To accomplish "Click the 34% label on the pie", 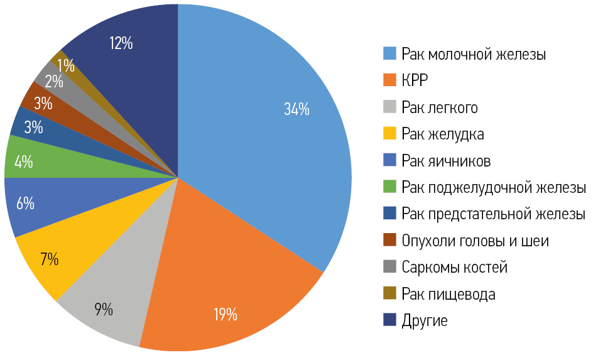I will click(x=296, y=109).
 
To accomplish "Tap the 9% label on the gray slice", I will click(x=104, y=308).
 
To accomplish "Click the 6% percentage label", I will click(x=25, y=204).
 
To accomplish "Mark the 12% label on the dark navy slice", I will click(x=121, y=43).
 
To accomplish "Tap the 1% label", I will click(x=65, y=65).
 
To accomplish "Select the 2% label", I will click(x=53, y=82).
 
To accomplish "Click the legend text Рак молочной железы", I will click(x=474, y=55).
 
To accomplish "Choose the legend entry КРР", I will click(x=416, y=81).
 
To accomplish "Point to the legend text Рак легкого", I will click(x=440, y=108).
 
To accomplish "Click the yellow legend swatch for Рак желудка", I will click(x=389, y=134).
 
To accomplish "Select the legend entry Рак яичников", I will click(x=446, y=161).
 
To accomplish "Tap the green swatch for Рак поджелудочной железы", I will click(x=389, y=187).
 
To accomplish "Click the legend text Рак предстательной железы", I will click(x=493, y=214).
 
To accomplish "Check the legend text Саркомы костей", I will click(x=454, y=268).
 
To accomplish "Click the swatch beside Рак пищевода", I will click(x=389, y=293).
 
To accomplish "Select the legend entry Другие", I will click(x=425, y=320).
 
